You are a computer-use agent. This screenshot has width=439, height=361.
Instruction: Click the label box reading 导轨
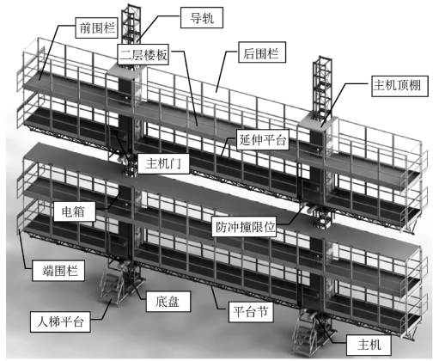pos(202,18)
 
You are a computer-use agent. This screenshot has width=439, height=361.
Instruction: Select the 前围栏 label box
pos(97,28)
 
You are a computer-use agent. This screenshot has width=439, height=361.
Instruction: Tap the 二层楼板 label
pos(143,54)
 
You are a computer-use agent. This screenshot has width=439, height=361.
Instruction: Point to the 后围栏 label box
pos(262,52)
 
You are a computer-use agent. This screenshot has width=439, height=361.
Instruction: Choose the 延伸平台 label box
pos(263,140)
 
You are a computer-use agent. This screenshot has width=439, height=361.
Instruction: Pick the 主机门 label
pos(163,163)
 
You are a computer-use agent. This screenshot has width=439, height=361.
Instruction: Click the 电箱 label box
pos(75,211)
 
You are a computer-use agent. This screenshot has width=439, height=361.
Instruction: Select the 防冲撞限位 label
pos(244,226)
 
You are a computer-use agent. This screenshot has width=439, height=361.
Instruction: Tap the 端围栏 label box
pos(58,271)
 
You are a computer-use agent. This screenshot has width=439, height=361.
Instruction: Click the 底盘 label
pos(168,302)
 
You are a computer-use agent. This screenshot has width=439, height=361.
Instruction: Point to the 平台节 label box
pos(251,311)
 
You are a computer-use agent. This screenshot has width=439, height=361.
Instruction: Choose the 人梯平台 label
pos(60,321)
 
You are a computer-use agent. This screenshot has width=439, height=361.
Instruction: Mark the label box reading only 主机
pos(369,345)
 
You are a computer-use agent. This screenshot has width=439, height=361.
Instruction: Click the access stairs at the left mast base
pos(113,284)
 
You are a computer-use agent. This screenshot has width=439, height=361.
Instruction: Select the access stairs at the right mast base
pos(305,333)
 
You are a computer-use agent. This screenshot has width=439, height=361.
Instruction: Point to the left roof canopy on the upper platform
pos(126,70)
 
